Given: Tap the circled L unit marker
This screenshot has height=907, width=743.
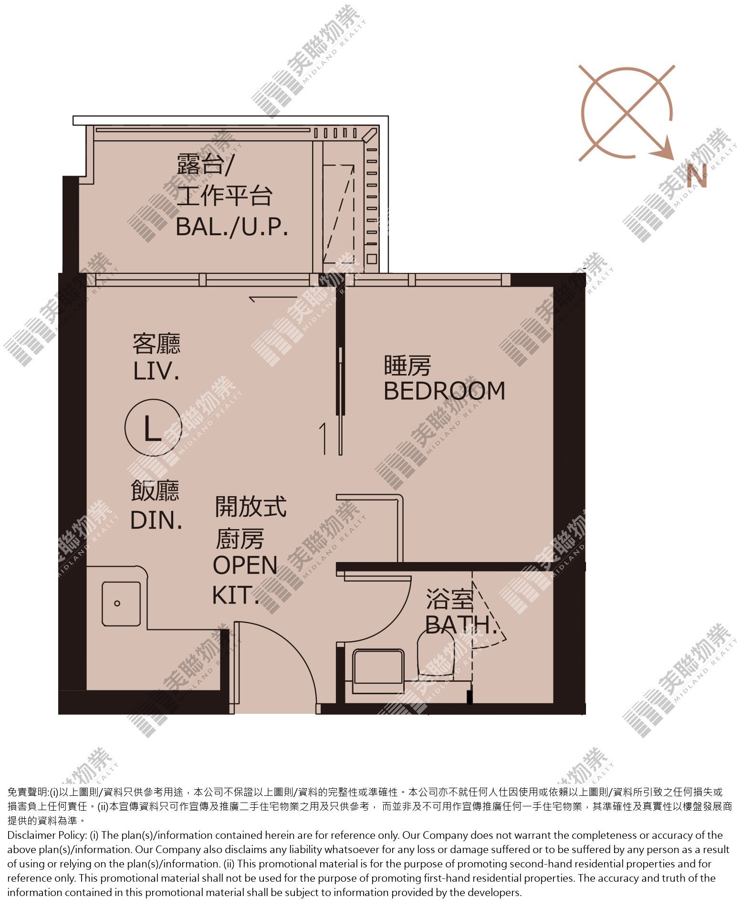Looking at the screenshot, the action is coord(153,427).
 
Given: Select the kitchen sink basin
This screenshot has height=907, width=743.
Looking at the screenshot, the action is coord(121,604).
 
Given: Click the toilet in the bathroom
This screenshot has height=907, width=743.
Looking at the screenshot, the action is coord(435,653).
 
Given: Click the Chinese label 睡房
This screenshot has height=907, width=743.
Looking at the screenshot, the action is coord(407,366).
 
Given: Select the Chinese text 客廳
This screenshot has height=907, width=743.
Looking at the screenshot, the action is coord(157,344).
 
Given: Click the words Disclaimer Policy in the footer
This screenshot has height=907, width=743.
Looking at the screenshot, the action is coord(47,835).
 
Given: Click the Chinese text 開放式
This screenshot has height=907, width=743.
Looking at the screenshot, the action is coord(251,507).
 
